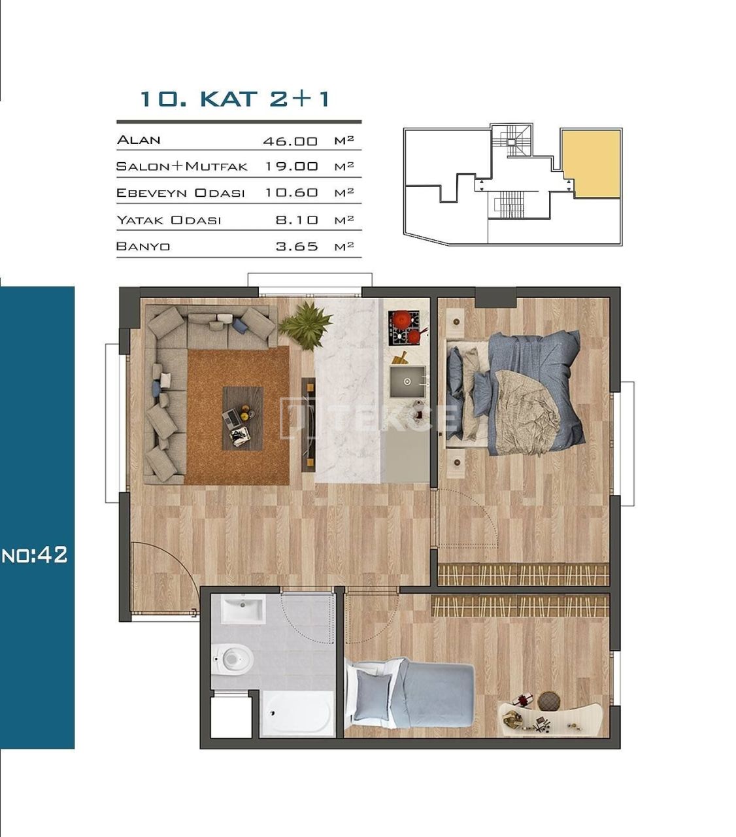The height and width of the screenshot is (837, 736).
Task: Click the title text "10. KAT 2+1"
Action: click(235, 99)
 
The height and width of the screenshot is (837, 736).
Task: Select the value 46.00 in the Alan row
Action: click(290, 141)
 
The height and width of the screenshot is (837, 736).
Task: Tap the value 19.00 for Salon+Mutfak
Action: click(292, 166)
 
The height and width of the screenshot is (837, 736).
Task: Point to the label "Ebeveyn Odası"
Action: click(180, 193)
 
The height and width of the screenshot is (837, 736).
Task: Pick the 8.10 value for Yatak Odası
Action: click(297, 220)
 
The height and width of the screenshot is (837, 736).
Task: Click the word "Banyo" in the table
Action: click(143, 247)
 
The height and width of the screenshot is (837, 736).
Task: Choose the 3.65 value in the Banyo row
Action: click(297, 247)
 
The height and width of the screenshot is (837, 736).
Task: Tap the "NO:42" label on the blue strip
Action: click(35, 555)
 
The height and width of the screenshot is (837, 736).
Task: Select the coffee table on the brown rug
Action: click(243, 417)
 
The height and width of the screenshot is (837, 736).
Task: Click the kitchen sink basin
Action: click(407, 381)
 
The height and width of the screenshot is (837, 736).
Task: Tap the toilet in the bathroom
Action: click(231, 658)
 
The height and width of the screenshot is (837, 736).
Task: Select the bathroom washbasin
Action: click(243, 609)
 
